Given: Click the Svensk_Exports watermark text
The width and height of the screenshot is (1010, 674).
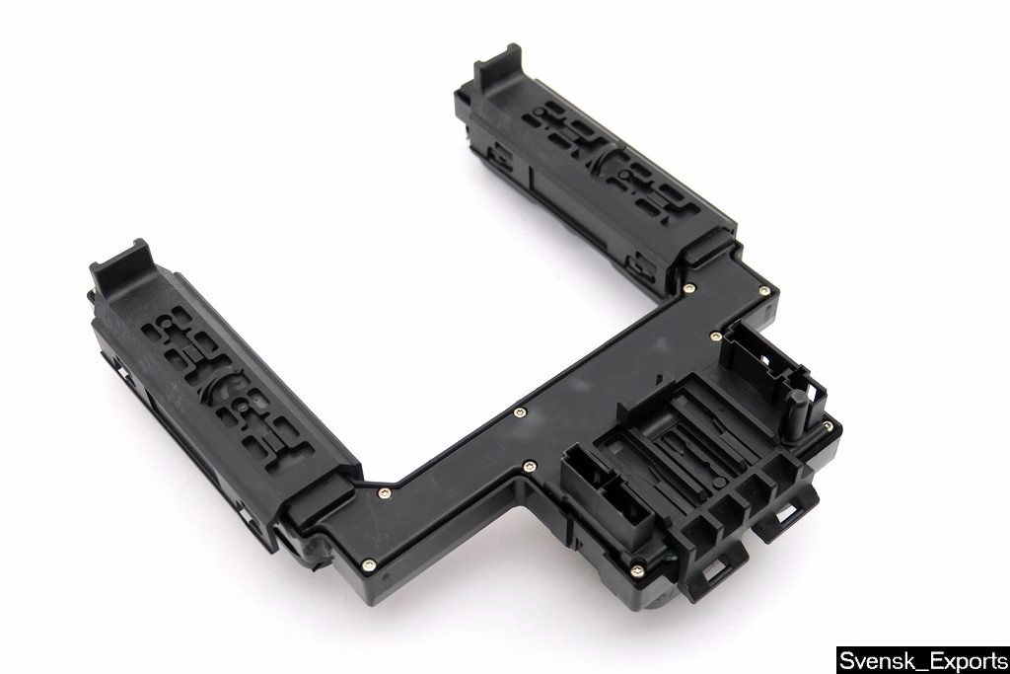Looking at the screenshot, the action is [x=923, y=660].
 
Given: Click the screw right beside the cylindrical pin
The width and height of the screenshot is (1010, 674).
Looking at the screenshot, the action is [x=828, y=424].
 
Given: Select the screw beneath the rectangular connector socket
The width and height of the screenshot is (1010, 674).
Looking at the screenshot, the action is [x=636, y=569].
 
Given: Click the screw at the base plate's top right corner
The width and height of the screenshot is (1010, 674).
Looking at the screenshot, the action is [x=764, y=292].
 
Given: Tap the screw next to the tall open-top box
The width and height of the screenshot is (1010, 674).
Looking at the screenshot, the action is [x=714, y=336].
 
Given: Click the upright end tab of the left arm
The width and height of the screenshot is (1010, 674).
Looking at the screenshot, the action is [x=119, y=264].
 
